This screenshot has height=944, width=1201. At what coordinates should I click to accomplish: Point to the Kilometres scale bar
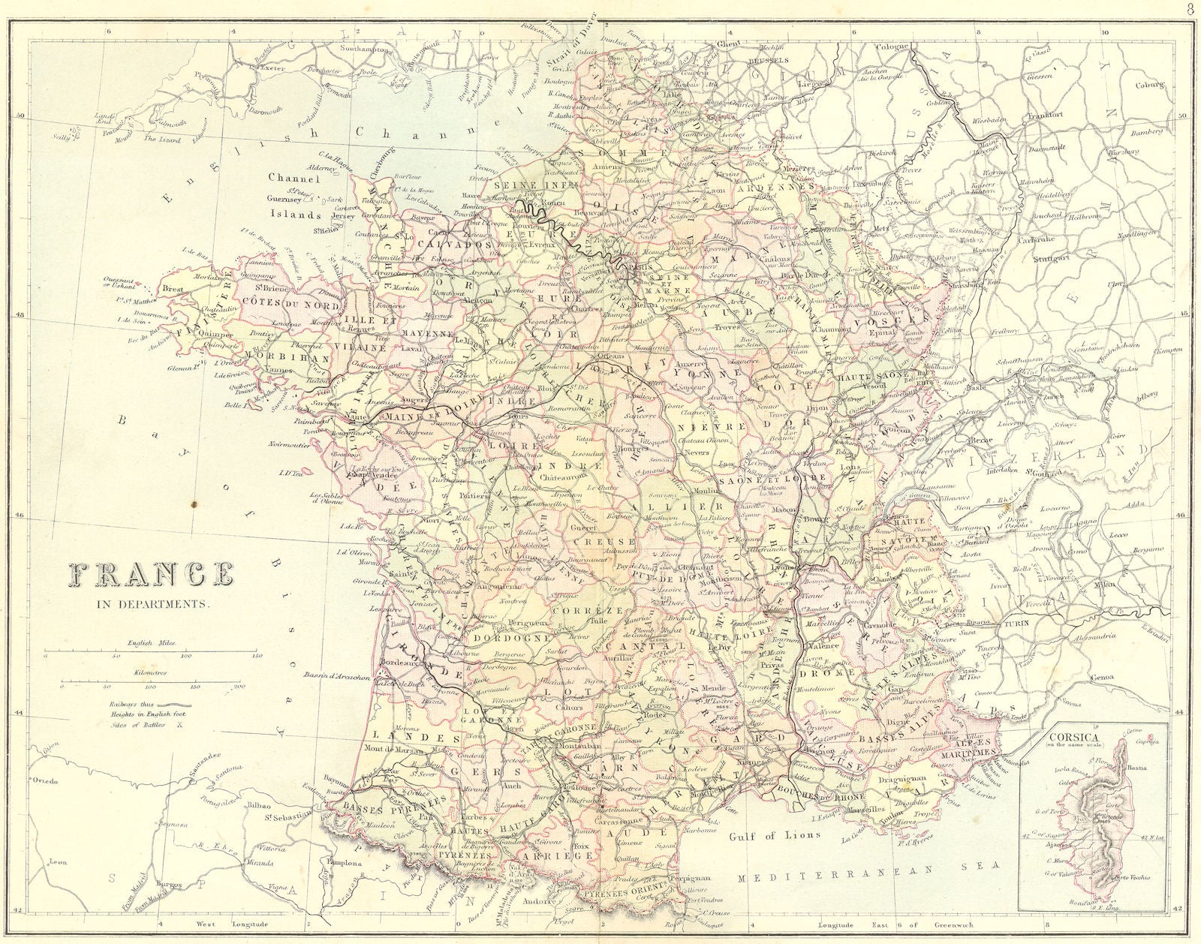click(x=150, y=681)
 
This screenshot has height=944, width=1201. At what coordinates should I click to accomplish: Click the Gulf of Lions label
click(x=775, y=834)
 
